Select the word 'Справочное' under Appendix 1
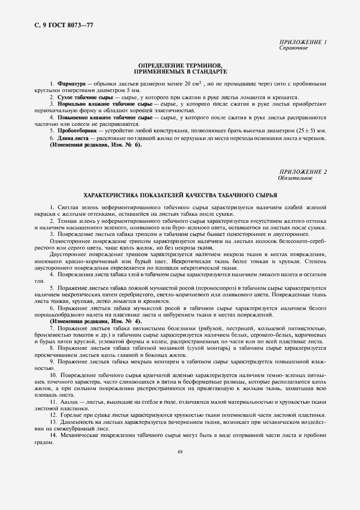pos(294,48)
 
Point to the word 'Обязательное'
pos(295,178)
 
